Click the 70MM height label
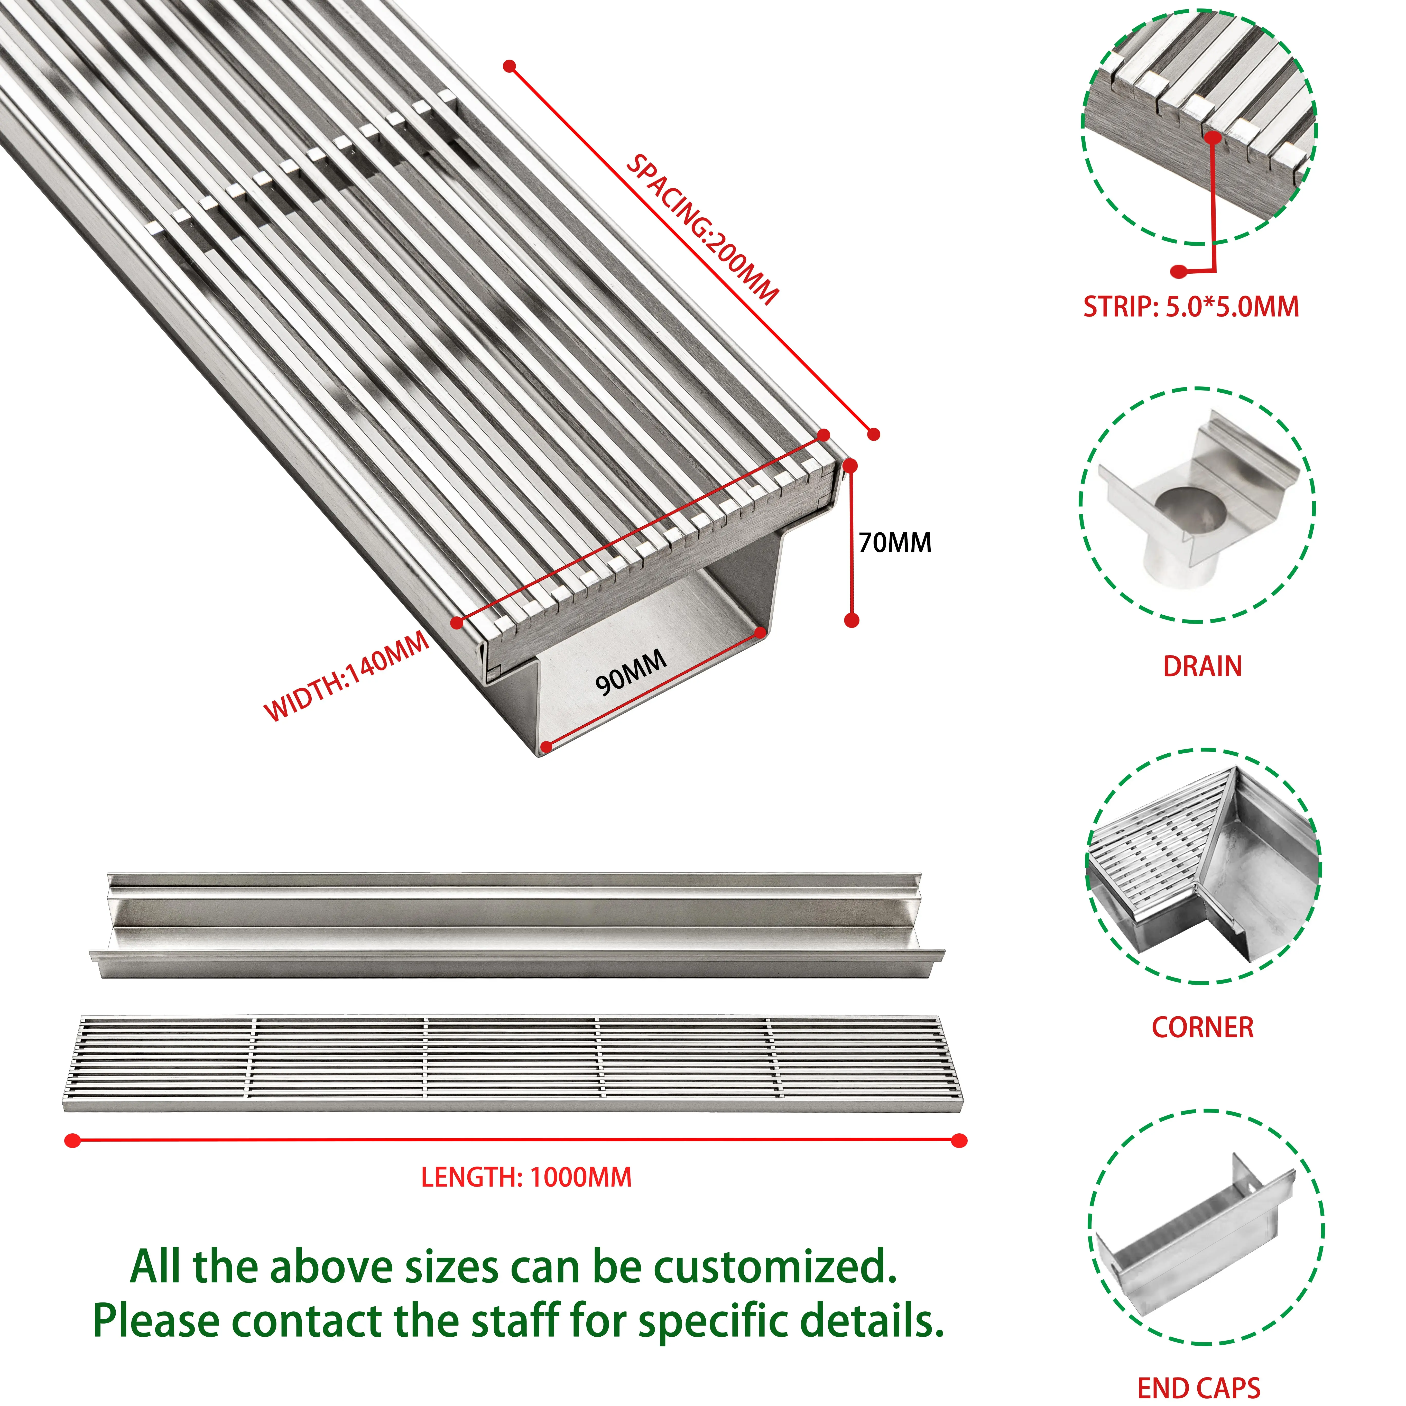[894, 543]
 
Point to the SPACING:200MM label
[702, 229]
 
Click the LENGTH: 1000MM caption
[526, 1177]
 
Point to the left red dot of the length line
[72, 1140]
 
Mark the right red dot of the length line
[959, 1140]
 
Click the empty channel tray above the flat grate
[517, 925]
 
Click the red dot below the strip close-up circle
[1178, 271]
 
